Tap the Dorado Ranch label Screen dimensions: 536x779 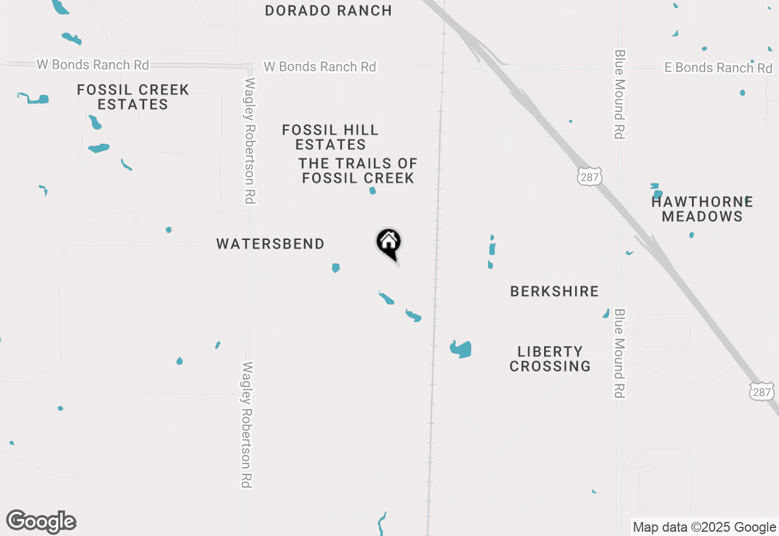point(328,10)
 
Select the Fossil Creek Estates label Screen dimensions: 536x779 point(133,97)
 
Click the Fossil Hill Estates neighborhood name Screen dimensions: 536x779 point(330,137)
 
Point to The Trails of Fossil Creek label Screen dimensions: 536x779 point(358,171)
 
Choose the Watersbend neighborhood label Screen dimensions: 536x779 point(270,244)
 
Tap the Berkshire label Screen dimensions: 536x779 point(554,291)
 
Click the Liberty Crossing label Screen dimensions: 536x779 point(550,359)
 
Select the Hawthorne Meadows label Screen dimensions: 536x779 point(702,209)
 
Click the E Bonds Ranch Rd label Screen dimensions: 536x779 point(718,68)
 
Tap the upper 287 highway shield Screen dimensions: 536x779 point(589,177)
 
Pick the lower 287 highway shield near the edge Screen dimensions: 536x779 point(762,392)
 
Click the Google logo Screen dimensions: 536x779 point(41,521)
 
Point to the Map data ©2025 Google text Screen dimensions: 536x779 point(704,527)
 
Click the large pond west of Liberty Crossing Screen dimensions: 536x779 point(461,349)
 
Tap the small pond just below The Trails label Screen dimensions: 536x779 point(372,191)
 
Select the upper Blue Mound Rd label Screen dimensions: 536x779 point(620,94)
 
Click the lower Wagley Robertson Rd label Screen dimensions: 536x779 point(247,425)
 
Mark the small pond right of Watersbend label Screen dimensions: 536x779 point(335,267)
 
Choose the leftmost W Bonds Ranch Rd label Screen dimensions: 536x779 point(93,65)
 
